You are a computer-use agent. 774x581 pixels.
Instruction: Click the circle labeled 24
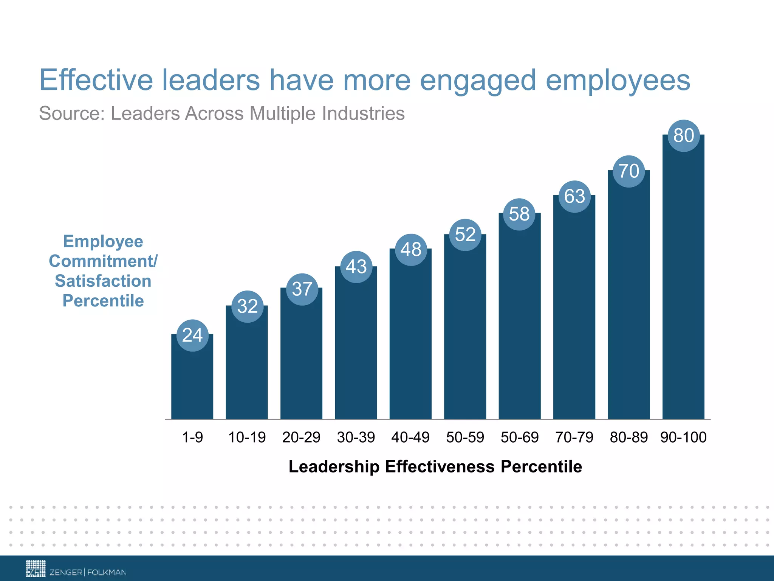coord(192,336)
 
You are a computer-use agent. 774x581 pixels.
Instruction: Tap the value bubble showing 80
coord(684,136)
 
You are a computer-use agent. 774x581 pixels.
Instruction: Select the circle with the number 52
coord(465,235)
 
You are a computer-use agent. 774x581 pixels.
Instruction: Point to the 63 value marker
coord(574,197)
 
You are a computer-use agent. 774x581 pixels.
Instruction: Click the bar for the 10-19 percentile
coord(247,371)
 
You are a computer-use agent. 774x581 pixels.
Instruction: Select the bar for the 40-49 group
coord(410,340)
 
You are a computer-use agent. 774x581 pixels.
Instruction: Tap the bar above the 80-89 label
coord(629,303)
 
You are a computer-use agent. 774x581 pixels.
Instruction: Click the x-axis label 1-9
coord(192,437)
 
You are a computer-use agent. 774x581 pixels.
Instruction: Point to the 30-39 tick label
coord(356,437)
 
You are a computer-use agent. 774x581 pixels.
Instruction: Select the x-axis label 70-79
coord(574,437)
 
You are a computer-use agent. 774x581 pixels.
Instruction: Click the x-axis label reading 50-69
coord(520,437)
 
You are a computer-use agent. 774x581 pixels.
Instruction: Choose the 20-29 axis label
coord(301,437)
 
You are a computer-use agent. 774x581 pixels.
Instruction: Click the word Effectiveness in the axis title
coord(440,466)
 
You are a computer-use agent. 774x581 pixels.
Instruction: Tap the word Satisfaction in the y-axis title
coord(103,281)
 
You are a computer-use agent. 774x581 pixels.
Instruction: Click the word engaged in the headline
coord(478,80)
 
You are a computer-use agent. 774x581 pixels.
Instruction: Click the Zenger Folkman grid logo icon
coord(36,568)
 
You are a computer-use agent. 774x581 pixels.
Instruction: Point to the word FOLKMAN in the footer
coord(107,572)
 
